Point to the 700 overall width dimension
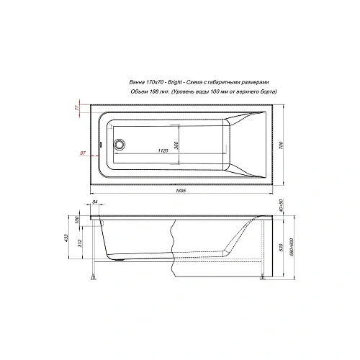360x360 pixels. [x=280, y=145]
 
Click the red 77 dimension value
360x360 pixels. [x=77, y=108]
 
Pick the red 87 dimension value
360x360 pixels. [x=84, y=153]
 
